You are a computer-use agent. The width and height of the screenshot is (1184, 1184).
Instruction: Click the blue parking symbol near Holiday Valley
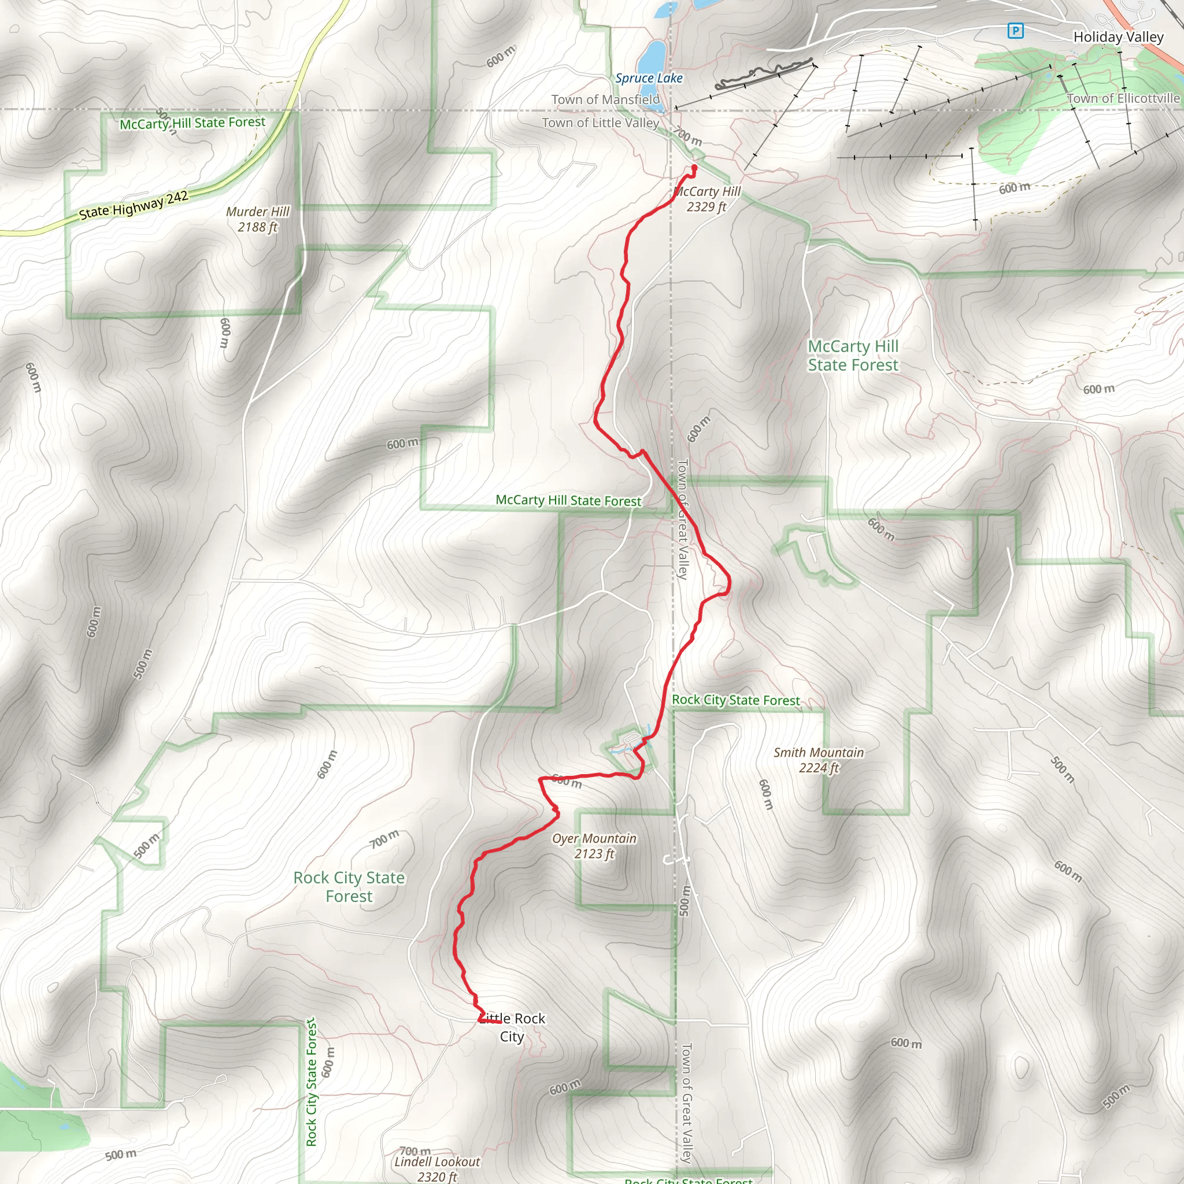point(1015,30)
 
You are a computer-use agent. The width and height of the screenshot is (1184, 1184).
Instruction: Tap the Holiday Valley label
point(1118,37)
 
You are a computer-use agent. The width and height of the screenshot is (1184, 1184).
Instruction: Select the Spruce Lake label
point(649,78)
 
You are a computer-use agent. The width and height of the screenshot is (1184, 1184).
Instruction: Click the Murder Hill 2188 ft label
point(257,219)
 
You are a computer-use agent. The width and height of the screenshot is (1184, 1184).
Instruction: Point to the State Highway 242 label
point(134,205)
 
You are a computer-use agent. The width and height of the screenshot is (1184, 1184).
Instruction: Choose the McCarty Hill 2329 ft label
point(707,199)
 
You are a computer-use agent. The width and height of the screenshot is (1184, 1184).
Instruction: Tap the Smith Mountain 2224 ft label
point(818,760)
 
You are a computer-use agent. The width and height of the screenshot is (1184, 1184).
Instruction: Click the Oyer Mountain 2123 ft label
point(594,846)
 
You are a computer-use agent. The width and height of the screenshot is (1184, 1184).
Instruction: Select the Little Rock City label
point(512,1027)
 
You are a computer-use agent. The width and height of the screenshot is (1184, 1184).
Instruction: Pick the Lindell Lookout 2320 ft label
point(437,1168)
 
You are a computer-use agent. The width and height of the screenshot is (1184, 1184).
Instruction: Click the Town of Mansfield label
point(605,99)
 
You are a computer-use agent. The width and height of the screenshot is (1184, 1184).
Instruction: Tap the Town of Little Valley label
point(600,123)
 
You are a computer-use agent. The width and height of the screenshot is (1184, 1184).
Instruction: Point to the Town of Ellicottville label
point(1123,98)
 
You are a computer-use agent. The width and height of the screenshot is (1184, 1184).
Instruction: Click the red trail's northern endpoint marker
point(694,166)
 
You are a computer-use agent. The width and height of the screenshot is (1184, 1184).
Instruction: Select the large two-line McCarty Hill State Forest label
point(853,356)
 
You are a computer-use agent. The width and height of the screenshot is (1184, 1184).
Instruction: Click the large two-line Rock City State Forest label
point(349,887)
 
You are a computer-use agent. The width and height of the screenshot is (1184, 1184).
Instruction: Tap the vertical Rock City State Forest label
point(312,1082)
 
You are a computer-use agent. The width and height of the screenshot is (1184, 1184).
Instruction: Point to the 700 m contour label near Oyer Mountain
point(384,839)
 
